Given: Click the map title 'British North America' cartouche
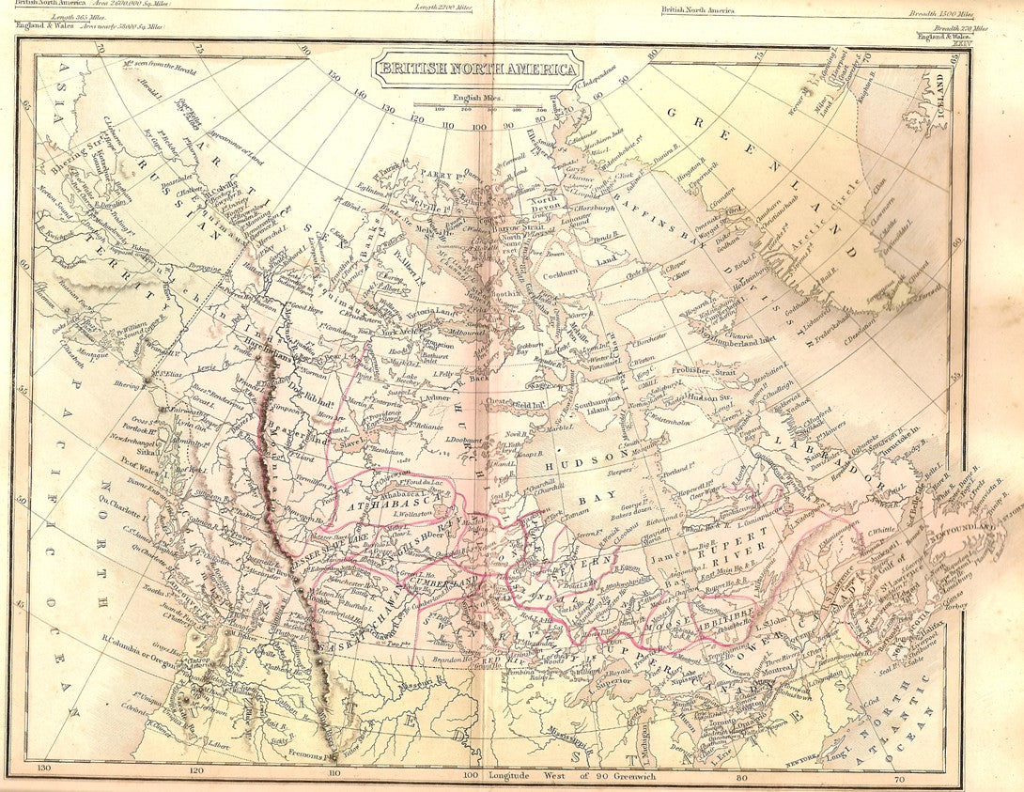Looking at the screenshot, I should click(x=478, y=70).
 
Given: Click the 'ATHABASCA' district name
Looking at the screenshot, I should click(x=373, y=505).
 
